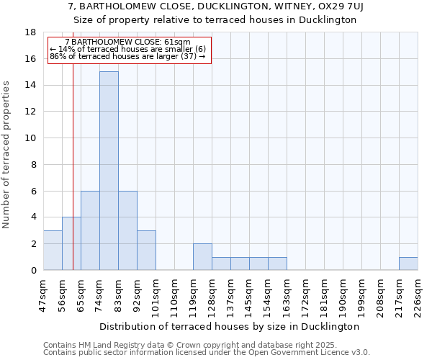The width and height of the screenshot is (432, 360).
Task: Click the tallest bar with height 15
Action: point(109,171)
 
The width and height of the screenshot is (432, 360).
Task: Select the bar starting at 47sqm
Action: point(53,250)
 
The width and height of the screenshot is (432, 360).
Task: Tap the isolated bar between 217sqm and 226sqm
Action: point(408,264)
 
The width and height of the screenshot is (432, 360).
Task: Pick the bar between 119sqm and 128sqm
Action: point(202,256)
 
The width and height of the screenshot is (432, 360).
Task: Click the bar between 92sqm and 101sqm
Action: point(146,250)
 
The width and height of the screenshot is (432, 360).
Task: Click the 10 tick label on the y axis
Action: point(30,138)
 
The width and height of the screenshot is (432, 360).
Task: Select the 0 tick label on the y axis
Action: point(33,271)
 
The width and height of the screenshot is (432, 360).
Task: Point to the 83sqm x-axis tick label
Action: point(117,295)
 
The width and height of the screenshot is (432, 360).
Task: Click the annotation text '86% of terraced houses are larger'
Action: point(128,56)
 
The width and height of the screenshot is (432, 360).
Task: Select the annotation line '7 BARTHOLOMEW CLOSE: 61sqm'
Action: point(128,42)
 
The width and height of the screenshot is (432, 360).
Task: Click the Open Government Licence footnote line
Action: point(207,353)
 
